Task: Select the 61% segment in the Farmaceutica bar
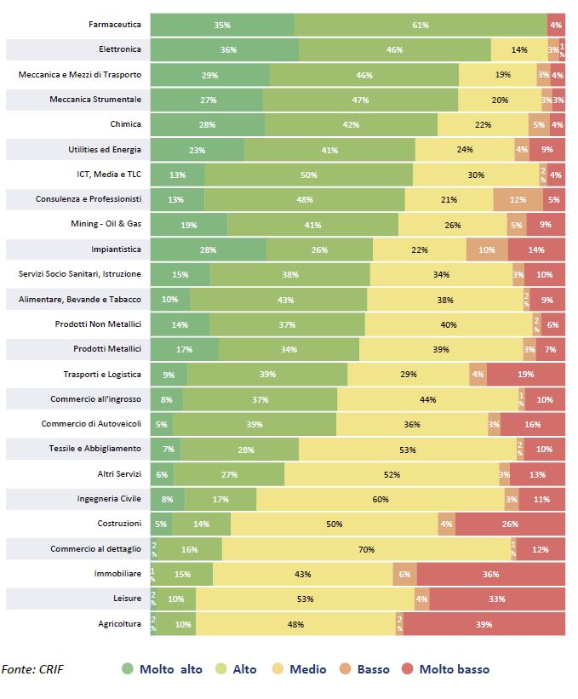coord(421,26)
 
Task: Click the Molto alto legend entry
coord(162,669)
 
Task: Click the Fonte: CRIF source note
coord(32,669)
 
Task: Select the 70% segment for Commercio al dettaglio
coord(366,549)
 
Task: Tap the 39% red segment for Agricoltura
coord(484,624)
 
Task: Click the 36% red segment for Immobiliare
coord(491,575)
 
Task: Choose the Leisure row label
coord(126,599)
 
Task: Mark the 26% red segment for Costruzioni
coord(511,524)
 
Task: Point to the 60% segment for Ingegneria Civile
coord(381,500)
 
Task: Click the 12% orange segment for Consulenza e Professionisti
coord(518,199)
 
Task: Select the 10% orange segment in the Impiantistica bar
coord(487,249)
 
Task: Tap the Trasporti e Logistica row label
coord(102,375)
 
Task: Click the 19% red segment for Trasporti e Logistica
coord(526,375)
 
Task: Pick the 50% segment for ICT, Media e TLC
coord(309,175)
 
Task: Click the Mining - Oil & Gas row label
coord(106,225)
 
